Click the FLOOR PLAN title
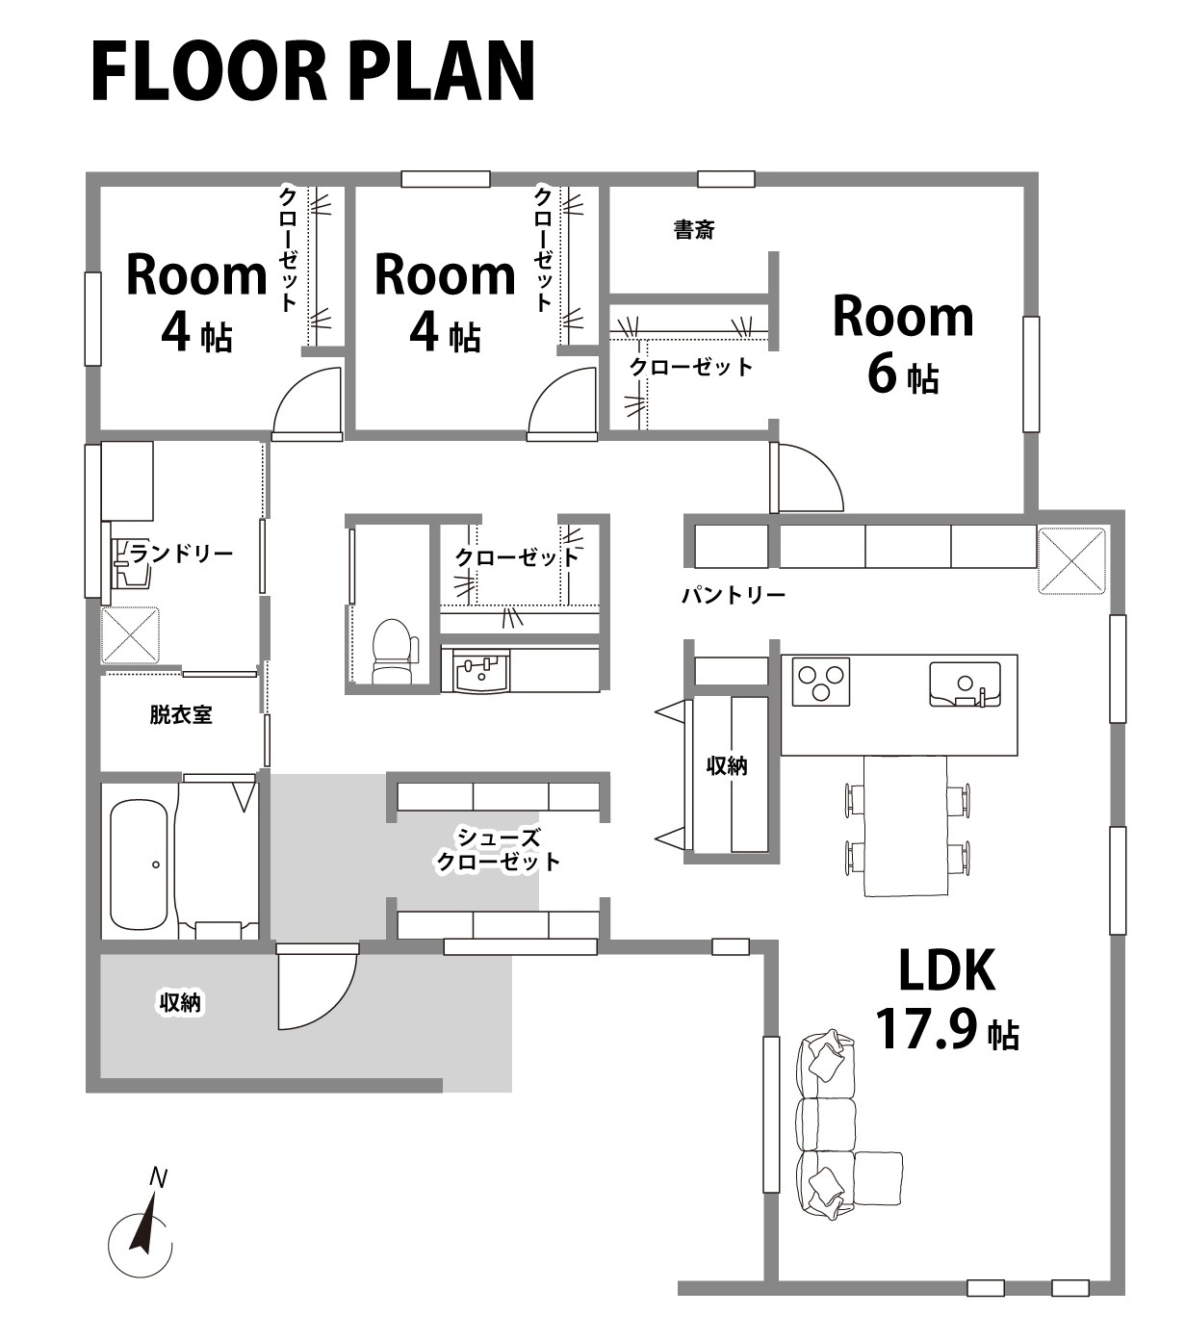(313, 71)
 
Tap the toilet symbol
(395, 651)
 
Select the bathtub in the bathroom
(139, 865)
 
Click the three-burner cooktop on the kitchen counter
(821, 682)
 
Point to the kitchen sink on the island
(965, 683)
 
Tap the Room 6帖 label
(903, 345)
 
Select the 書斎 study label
(694, 230)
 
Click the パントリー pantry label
(734, 595)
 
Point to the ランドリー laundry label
(181, 553)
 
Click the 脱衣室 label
(181, 715)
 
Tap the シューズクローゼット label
(498, 851)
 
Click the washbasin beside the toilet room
(480, 670)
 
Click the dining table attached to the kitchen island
(905, 825)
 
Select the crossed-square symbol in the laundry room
(130, 634)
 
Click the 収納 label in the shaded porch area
(180, 1003)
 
